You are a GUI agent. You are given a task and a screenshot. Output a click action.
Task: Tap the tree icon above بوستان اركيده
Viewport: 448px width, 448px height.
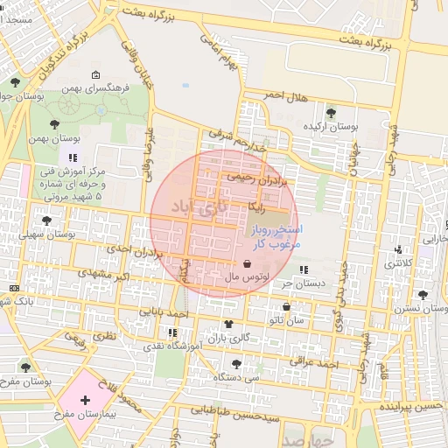pyautogui.click(x=331, y=112)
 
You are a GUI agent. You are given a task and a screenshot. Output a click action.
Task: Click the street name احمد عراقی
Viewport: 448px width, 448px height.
pyautogui.click(x=318, y=361)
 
